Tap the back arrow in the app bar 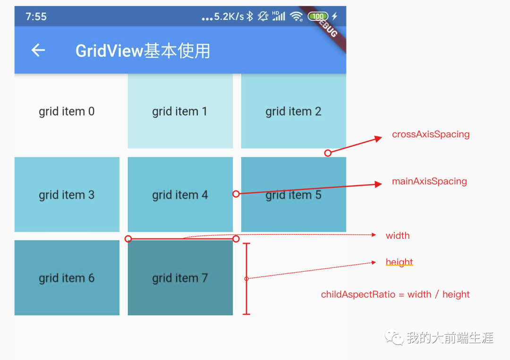coord(38,50)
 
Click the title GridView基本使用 coord(143,50)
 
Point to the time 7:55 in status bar coord(36,17)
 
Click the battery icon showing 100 coord(318,17)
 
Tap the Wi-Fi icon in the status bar coord(296,17)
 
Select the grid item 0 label coord(67,111)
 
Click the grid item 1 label coord(179,111)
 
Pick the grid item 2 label coord(293,111)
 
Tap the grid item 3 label coord(67,195)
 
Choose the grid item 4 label coord(179,195)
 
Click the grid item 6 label coord(67,278)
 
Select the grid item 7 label coord(179,278)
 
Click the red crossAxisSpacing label coord(431,134)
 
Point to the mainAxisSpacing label coord(429,182)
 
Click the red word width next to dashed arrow coord(398,235)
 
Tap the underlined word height coord(399,262)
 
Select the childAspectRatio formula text coord(395,294)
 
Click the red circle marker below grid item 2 coord(328,153)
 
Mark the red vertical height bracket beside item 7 coord(246,278)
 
